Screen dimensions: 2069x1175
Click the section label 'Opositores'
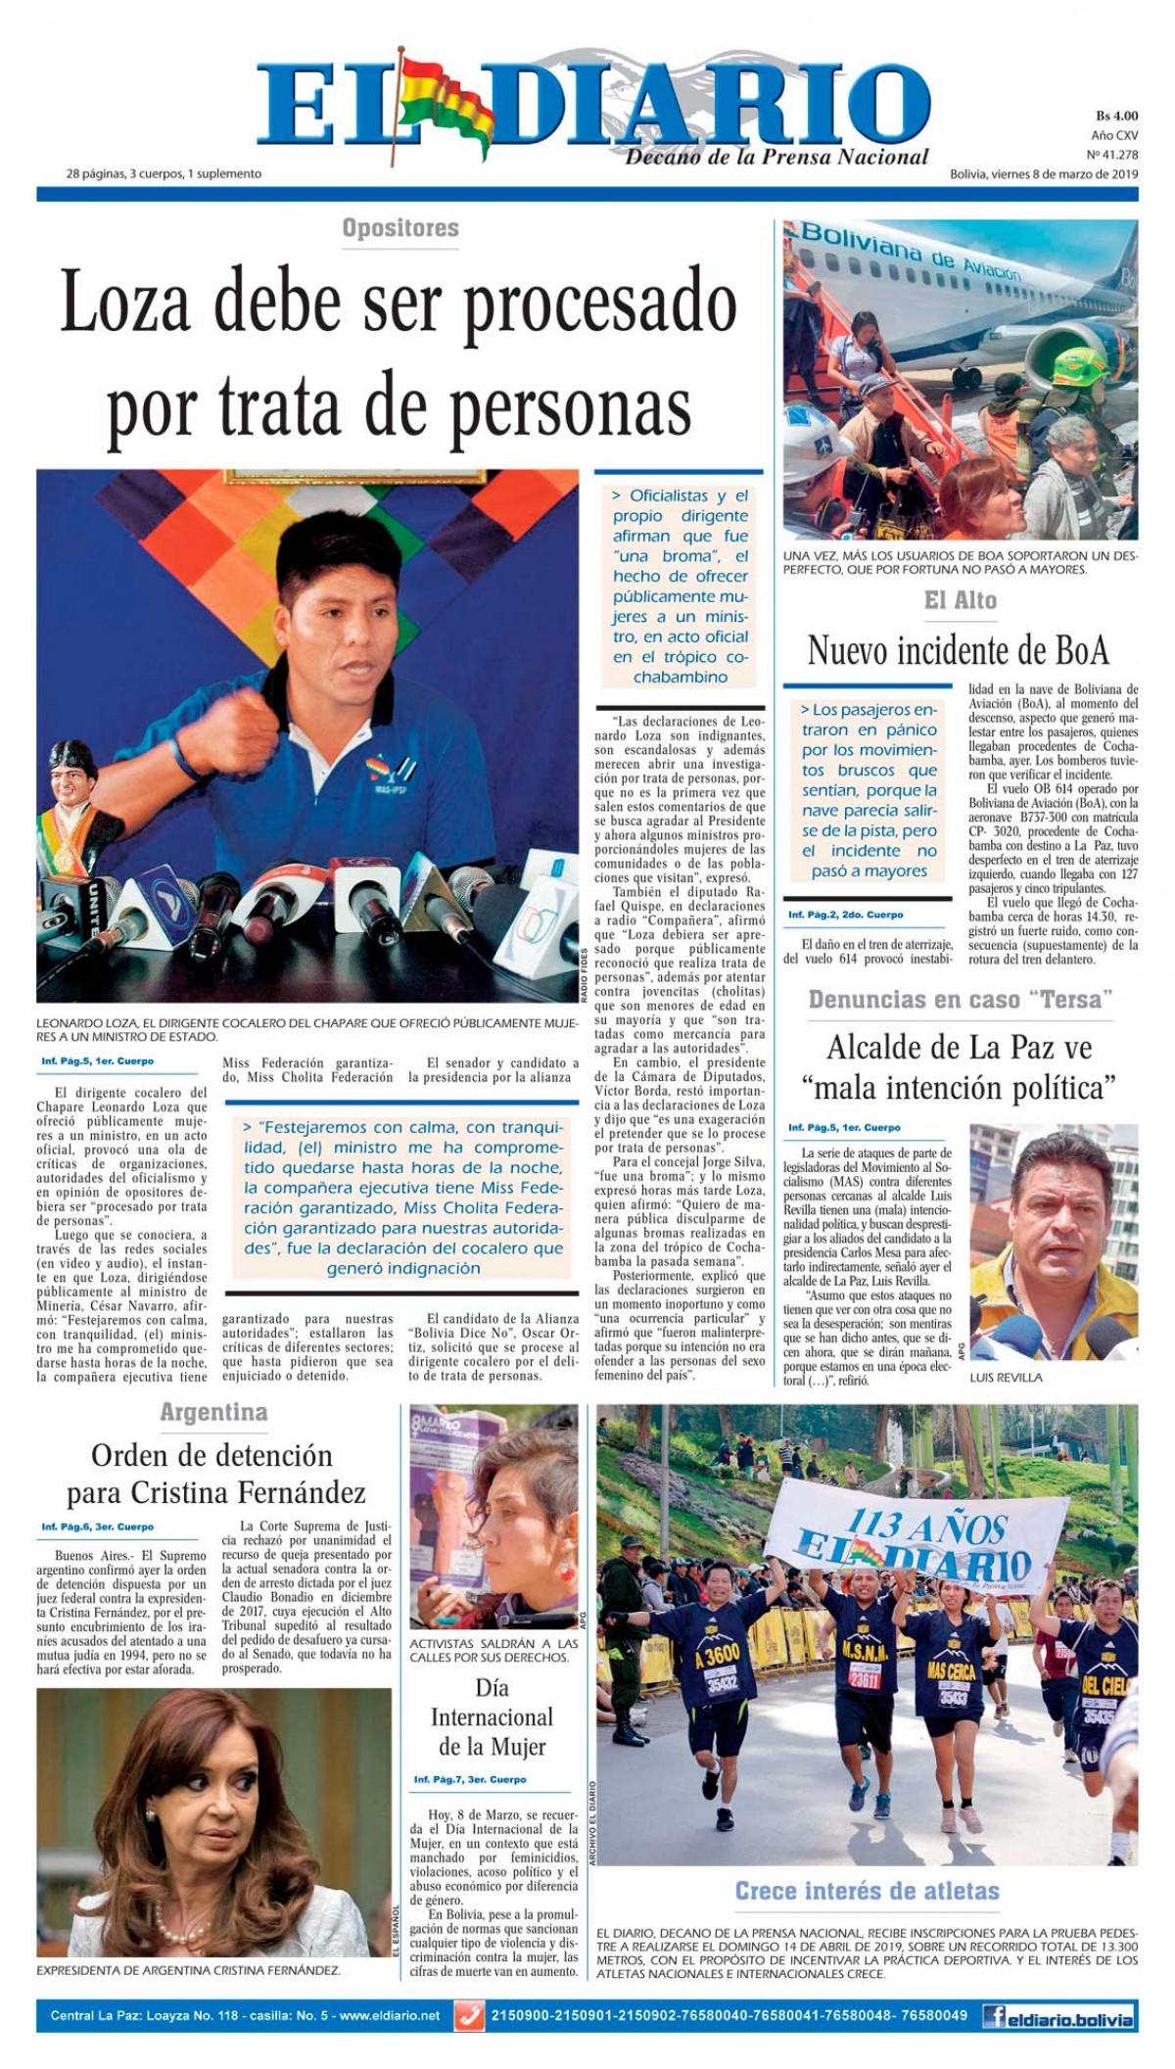coord(400,228)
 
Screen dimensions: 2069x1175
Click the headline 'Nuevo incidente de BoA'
coord(958,650)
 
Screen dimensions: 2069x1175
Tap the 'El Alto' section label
coord(960,599)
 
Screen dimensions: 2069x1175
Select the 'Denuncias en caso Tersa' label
coord(960,999)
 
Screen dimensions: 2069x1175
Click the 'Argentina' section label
coord(213,1412)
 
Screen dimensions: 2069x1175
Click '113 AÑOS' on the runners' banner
coord(911,1528)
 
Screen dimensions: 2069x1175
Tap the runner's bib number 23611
coord(866,1651)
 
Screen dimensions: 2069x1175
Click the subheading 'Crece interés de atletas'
coord(867,1891)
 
